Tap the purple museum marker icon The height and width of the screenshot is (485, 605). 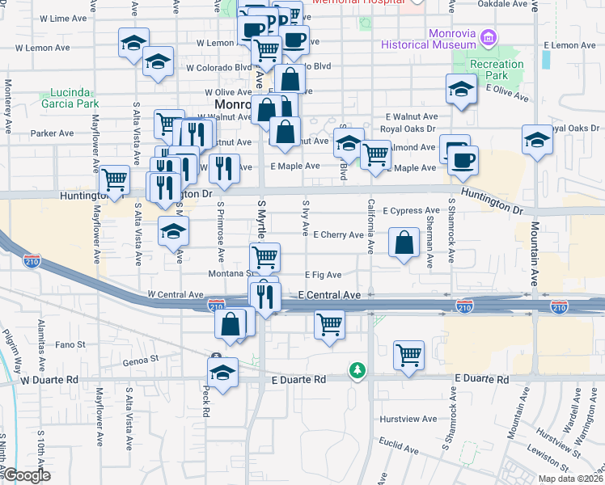tap(488, 37)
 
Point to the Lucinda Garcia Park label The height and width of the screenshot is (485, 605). tap(74, 98)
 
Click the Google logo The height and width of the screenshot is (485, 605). tap(26, 475)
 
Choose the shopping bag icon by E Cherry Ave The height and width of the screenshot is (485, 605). tap(404, 242)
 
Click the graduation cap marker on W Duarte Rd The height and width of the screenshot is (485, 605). tap(222, 373)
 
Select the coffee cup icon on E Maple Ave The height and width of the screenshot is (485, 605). tap(463, 160)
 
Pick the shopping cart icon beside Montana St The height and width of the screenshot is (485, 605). tap(265, 257)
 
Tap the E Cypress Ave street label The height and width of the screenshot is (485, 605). tap(412, 210)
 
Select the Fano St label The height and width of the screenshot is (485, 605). tap(70, 345)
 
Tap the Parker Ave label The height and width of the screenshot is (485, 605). tap(52, 133)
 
